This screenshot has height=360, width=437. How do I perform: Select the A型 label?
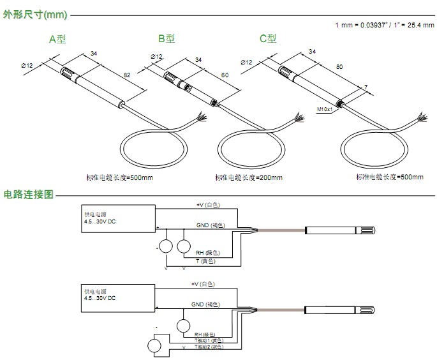tap(57, 38)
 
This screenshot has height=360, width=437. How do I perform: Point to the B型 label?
tap(167, 38)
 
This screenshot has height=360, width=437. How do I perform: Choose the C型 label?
tap(268, 38)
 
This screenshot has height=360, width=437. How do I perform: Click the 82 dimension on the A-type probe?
tap(127, 75)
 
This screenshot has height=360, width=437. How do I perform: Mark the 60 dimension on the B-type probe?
tap(225, 75)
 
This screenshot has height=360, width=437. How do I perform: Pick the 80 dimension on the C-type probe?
tap(339, 66)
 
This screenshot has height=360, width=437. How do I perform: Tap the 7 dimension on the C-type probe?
tap(366, 86)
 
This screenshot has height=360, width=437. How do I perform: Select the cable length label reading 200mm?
tap(249, 177)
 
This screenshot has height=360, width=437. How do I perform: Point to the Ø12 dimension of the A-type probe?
tap(27, 64)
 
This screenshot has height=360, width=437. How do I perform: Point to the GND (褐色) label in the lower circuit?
tap(207, 305)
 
